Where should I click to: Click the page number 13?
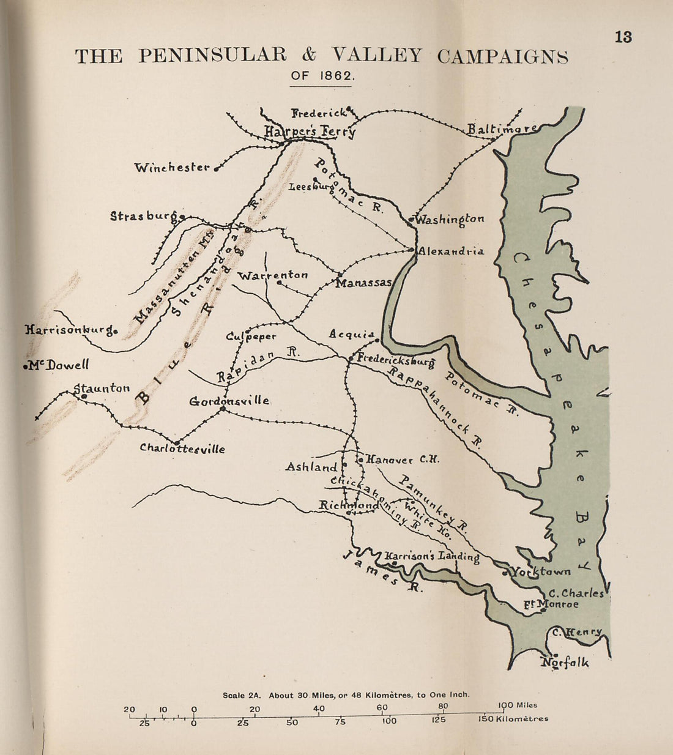623,37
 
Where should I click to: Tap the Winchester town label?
172,167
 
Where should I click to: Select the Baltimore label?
502,128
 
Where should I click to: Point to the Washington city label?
450,219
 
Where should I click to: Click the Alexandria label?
451,251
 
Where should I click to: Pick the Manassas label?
364,283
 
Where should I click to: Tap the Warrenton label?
272,275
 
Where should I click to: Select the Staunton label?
102,387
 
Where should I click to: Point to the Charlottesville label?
182,448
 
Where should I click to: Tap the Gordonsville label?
229,401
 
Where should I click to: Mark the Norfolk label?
565,662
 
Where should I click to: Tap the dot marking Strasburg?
182,216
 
